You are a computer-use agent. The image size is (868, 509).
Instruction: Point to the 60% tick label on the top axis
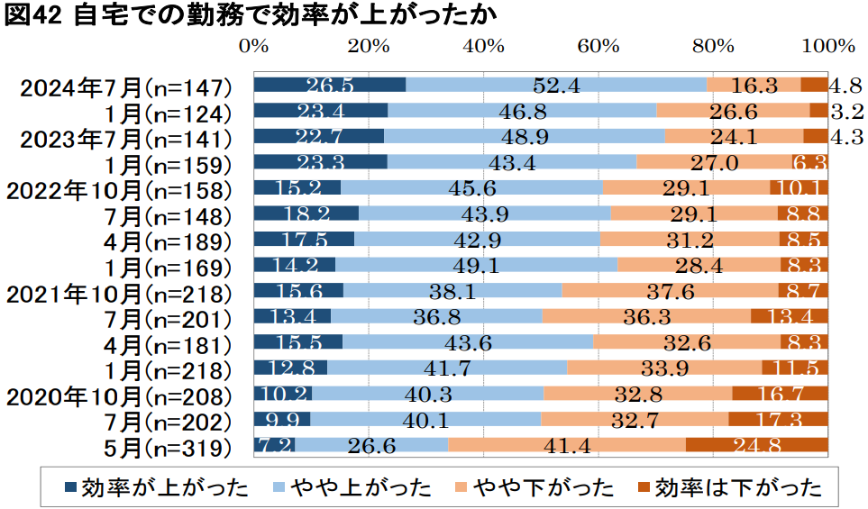pyautogui.click(x=598, y=45)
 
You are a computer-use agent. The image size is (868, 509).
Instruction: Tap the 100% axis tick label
pyautogui.click(x=827, y=45)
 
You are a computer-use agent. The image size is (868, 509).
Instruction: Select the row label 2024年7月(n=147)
pyautogui.click(x=126, y=86)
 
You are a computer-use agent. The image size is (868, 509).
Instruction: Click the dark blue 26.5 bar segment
pyautogui.click(x=330, y=86)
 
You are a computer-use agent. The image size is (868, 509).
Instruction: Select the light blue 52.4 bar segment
pyautogui.click(x=555, y=86)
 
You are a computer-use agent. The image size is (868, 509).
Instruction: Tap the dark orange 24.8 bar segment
pyautogui.click(x=756, y=445)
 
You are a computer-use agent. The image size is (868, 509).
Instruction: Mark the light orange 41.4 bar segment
pyautogui.click(x=567, y=445)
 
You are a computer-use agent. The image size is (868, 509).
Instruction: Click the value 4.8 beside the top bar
pyautogui.click(x=846, y=86)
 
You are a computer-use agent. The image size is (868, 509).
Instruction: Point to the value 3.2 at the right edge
pyautogui.click(x=847, y=111)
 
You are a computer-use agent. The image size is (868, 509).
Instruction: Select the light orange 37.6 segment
pyautogui.click(x=670, y=291)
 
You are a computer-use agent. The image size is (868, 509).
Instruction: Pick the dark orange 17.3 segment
pyautogui.click(x=778, y=420)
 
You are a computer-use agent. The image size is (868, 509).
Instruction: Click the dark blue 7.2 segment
pyautogui.click(x=275, y=445)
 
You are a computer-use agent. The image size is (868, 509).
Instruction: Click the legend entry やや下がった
pyautogui.click(x=535, y=488)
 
